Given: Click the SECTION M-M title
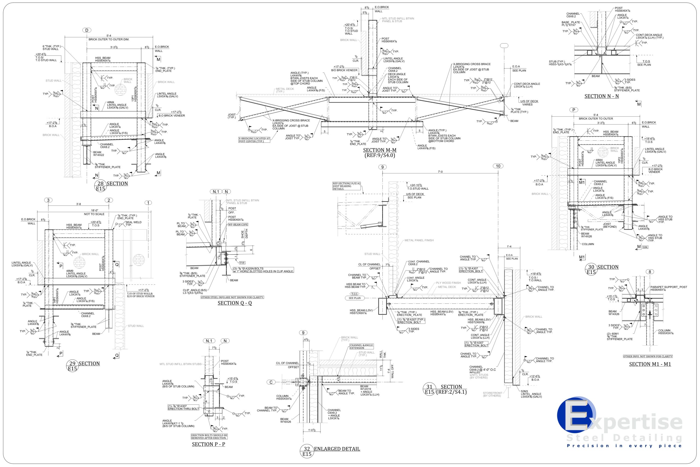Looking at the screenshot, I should (380, 150).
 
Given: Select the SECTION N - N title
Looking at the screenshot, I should (602, 96).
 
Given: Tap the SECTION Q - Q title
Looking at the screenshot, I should (235, 303).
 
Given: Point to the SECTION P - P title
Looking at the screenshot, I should (208, 444).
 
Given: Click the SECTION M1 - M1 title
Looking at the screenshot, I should (650, 364).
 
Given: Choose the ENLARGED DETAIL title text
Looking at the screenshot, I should (337, 449).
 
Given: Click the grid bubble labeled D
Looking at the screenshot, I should (87, 30).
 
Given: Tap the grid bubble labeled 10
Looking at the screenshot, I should (498, 166).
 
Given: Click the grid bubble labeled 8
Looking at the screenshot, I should (650, 272).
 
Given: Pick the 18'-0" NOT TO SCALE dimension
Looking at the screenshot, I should (94, 212).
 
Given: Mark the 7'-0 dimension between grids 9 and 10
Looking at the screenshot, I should (440, 172).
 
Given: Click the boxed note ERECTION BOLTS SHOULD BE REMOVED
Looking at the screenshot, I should (209, 437).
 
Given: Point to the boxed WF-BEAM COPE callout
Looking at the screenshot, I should (238, 225).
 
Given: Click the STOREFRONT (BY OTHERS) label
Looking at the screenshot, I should (492, 394).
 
